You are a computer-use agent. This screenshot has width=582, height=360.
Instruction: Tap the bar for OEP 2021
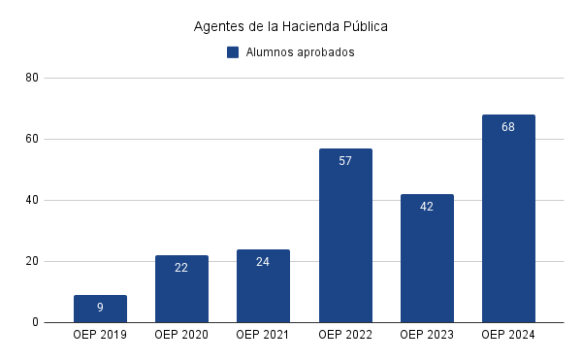(263, 285)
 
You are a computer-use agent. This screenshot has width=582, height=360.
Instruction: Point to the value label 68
(508, 127)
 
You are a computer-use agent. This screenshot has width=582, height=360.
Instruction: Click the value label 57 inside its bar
(345, 161)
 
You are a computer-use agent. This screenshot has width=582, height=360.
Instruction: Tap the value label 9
(100, 308)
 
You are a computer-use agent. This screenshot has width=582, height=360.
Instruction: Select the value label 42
(427, 207)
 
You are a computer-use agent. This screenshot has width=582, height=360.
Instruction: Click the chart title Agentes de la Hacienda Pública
(291, 26)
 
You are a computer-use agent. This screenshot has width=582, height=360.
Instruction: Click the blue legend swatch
(233, 52)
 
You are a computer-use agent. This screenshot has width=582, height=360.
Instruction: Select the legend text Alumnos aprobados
(300, 52)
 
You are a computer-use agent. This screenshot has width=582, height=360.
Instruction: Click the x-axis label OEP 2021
(263, 335)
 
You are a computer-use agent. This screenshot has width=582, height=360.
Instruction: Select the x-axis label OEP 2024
(508, 335)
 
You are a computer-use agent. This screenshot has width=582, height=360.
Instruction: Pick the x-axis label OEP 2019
(100, 335)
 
